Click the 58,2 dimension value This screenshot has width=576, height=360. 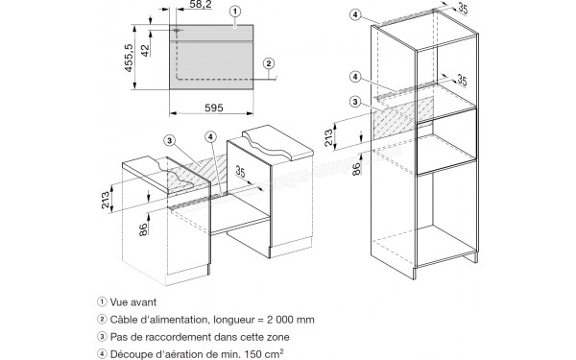[201, 5]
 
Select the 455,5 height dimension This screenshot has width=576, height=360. [129, 58]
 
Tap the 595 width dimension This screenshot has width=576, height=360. [214, 108]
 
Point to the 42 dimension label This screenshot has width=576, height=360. [146, 50]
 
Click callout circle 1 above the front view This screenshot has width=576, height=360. [235, 12]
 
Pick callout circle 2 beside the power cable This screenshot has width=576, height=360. [269, 64]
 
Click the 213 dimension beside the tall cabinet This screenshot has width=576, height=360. [328, 137]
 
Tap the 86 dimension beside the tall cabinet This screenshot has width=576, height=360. [356, 169]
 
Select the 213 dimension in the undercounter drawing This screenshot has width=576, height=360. [106, 200]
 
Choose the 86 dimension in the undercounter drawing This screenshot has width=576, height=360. [144, 228]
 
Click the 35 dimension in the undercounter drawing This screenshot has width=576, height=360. [240, 171]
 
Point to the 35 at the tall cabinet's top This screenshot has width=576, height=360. [463, 8]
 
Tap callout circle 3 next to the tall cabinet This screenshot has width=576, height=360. [355, 102]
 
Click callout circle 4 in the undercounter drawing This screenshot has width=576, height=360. [210, 137]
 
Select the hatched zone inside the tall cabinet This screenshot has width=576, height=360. [403, 118]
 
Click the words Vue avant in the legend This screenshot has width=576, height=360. [133, 302]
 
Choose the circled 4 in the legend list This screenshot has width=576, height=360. [102, 354]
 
